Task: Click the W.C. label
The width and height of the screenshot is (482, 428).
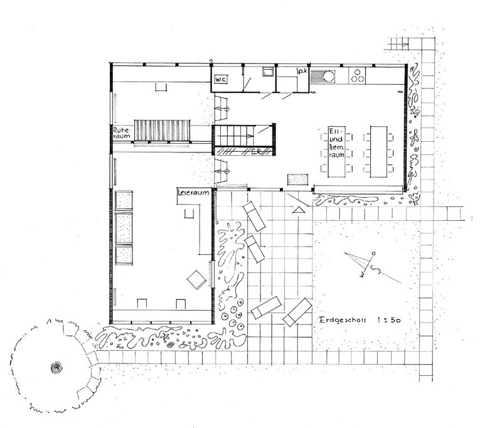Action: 220,80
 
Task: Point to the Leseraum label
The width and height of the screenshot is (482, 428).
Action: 193,193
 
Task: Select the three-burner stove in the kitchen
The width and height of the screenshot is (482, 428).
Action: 358,76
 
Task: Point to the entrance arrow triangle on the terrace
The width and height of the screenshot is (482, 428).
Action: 299,208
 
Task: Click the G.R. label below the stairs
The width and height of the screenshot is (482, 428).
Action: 255,151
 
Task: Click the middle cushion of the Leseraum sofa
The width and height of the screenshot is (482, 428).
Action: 124,226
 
